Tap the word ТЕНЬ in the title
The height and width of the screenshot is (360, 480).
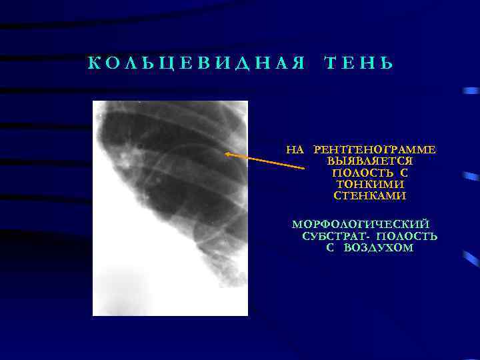pyautogui.click(x=358, y=64)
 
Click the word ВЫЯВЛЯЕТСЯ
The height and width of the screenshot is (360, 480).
pyautogui.click(x=370, y=162)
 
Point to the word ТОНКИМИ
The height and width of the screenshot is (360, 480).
pyautogui.click(x=370, y=185)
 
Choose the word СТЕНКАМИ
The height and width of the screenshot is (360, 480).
pyautogui.click(x=370, y=196)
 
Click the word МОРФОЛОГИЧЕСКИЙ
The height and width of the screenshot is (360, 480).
pyautogui.click(x=361, y=225)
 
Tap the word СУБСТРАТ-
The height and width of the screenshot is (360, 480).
pyautogui.click(x=336, y=237)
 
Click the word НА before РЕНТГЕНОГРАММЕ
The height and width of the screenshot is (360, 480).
pyautogui.click(x=295, y=150)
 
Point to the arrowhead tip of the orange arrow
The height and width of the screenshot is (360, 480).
pyautogui.click(x=226, y=153)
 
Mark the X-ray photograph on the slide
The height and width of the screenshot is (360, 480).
pyautogui.click(x=170, y=207)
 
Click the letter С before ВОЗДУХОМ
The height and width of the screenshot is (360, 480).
pyautogui.click(x=330, y=248)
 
